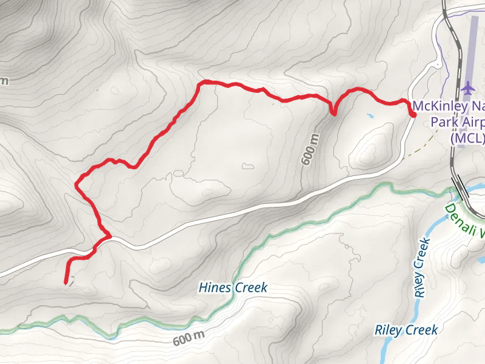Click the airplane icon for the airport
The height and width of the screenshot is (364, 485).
point(467,88)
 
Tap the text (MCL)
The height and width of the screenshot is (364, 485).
point(467,138)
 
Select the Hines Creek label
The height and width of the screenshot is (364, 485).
point(232,288)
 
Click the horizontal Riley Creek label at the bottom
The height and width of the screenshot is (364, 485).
point(406,331)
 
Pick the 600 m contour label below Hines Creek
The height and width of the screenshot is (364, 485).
point(189,339)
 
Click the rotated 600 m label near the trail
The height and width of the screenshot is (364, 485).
point(310,149)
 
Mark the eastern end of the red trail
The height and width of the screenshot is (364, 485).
point(413,115)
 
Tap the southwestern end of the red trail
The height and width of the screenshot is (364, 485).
point(65,283)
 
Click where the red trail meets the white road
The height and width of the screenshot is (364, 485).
point(107,237)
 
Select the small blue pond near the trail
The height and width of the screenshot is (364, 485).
point(369,115)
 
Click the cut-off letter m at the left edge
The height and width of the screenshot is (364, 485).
point(5,80)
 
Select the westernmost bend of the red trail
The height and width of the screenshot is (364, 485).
point(77,184)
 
